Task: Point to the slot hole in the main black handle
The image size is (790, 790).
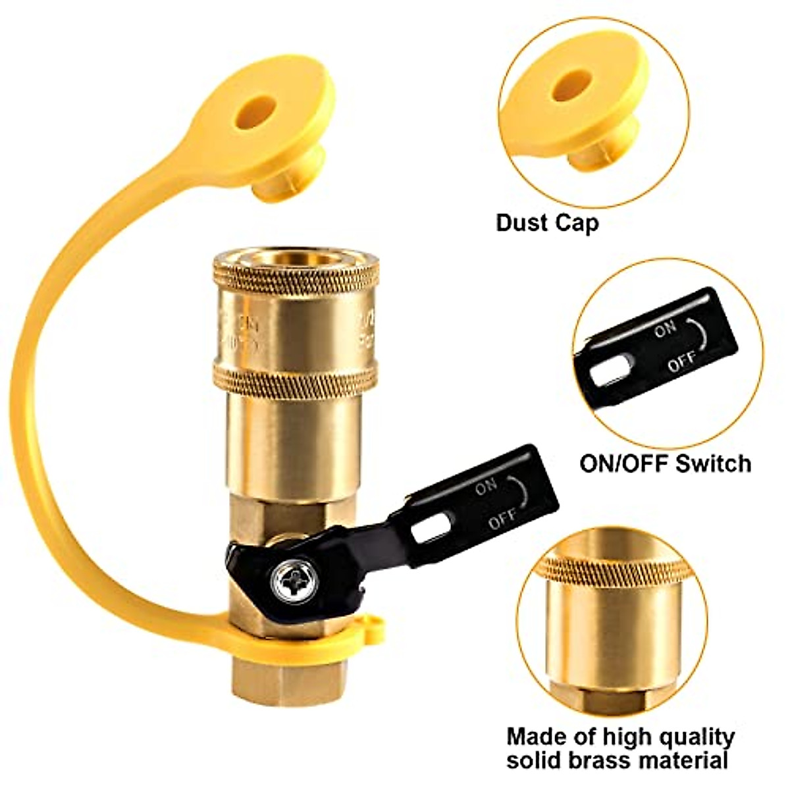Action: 431,527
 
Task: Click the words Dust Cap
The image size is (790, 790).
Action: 547,223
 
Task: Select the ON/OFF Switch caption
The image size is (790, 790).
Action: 665,463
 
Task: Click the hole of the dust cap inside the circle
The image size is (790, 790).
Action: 569,86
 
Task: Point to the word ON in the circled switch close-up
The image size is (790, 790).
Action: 664,330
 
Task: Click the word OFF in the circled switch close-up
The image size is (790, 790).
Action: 682,363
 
